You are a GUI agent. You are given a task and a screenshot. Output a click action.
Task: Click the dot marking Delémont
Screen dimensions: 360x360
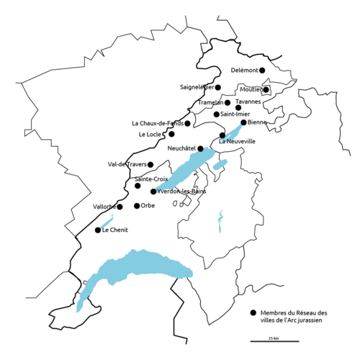(262, 70)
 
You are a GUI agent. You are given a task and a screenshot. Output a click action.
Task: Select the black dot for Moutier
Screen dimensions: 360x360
(266, 90)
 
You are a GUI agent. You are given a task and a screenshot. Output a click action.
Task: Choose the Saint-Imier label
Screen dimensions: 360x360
(236, 114)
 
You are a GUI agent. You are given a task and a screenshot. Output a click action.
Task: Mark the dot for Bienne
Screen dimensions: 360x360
(243, 122)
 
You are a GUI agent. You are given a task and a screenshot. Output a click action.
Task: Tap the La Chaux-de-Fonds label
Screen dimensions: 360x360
(158, 123)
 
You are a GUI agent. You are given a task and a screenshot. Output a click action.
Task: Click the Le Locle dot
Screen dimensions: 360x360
(171, 134)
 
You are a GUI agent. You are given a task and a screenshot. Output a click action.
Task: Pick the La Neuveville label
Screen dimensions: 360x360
(237, 141)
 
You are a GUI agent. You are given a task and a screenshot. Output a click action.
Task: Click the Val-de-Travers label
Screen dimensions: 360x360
(127, 164)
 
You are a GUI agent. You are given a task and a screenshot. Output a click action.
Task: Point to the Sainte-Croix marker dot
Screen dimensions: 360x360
(138, 186)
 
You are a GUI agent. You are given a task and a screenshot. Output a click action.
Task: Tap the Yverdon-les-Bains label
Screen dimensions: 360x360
(178, 192)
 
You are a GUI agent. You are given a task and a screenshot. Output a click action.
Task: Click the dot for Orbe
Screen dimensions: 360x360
(137, 206)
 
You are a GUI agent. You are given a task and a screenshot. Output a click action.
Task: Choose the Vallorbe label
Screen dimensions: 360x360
(104, 207)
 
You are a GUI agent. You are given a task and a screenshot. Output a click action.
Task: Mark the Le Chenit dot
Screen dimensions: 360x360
(98, 230)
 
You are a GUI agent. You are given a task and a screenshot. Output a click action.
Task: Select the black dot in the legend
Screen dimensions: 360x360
(253, 313)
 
